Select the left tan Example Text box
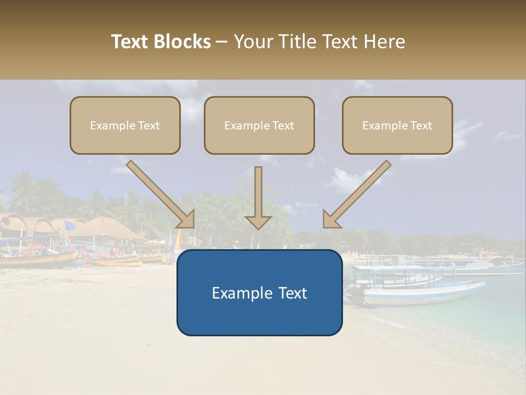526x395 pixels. pos(125,125)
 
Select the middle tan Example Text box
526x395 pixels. pos(259,125)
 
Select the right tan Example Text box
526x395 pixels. pos(397,125)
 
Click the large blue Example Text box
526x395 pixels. pos(259,292)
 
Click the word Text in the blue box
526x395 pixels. pos(293,293)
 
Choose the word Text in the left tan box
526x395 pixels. pos(148,126)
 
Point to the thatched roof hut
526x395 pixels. pos(104,228)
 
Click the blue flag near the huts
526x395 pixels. pos(70,225)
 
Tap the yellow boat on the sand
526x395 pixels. pos(118,263)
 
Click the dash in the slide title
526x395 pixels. pos(222,42)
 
